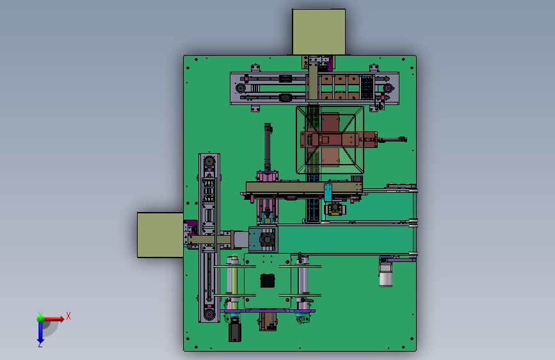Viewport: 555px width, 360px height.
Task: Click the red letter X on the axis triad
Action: (68, 316)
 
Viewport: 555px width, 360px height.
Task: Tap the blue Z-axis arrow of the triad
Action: (40, 332)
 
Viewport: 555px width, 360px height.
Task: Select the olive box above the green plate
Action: (319, 32)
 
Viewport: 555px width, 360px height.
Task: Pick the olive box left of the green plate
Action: (160, 235)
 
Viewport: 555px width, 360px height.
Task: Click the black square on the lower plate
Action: (267, 281)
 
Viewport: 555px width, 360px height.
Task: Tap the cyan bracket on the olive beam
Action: (328, 193)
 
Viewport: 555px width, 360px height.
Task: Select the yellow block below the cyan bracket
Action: (335, 209)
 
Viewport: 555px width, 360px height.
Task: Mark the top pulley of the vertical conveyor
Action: (209, 161)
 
